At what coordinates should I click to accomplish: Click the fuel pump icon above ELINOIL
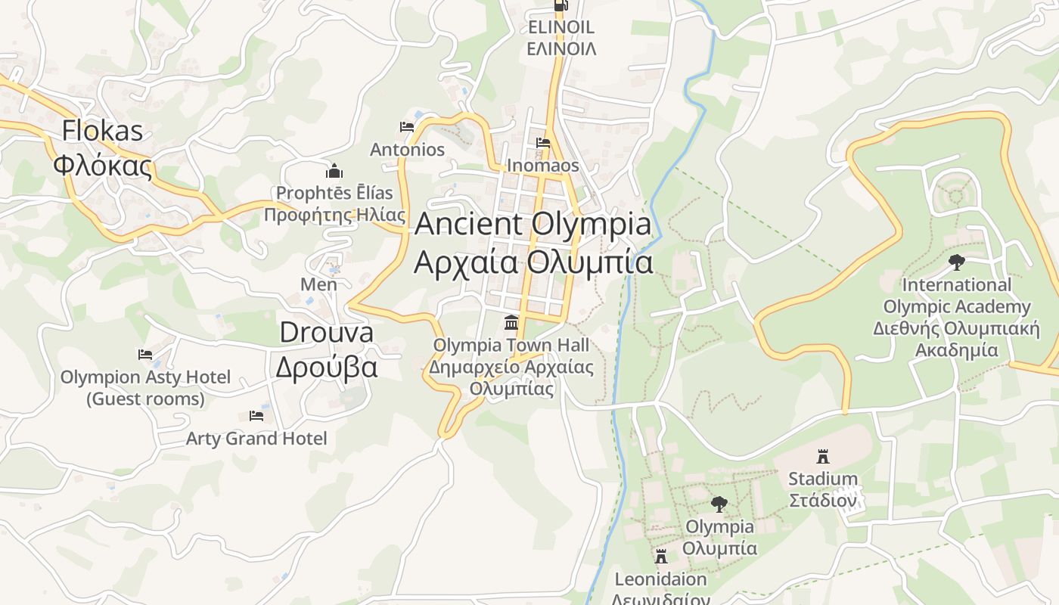pos(561,6)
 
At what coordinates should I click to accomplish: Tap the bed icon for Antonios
pos(407,127)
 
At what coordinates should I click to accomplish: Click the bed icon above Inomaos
pos(543,143)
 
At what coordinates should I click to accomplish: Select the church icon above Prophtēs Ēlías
pos(334,172)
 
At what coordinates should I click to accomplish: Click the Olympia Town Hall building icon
pos(511,323)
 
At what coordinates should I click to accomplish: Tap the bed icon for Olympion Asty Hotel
pos(145,354)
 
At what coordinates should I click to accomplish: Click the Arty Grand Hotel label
pos(256,439)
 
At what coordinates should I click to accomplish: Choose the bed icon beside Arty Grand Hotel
pos(256,416)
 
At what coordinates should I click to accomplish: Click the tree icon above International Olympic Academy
pos(956,262)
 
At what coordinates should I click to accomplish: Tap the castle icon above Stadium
pos(823,456)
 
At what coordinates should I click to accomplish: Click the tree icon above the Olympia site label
pos(719,504)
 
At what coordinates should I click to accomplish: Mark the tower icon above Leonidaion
pos(661,557)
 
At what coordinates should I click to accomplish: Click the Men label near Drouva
pos(318,284)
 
